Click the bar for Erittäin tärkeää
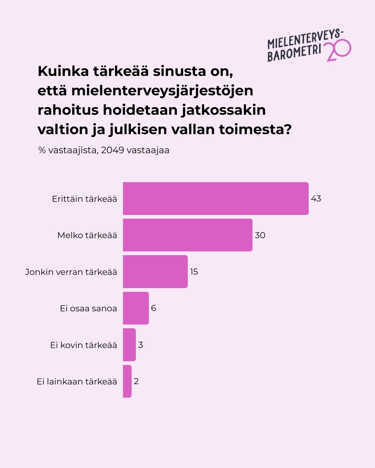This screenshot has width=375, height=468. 216,199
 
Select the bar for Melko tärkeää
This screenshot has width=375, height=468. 187,235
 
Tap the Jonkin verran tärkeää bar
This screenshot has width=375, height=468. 155,272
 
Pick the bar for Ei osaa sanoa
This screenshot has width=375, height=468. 136,308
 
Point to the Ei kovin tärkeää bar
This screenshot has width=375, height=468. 129,345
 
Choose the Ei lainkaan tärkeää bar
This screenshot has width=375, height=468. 127,381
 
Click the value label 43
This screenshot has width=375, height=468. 316,199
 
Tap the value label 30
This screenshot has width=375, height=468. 260,235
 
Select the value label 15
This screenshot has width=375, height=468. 194,272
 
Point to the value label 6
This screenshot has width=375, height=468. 153,308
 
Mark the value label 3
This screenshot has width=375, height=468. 141,345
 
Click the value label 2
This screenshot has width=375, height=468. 136,381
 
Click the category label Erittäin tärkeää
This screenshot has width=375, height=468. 84,199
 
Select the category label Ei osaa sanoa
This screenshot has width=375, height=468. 88,309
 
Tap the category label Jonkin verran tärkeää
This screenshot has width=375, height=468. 71,272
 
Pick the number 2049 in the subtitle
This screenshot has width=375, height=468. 112,150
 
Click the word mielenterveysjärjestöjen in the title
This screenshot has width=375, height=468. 162,91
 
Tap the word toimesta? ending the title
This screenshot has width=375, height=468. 255,129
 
